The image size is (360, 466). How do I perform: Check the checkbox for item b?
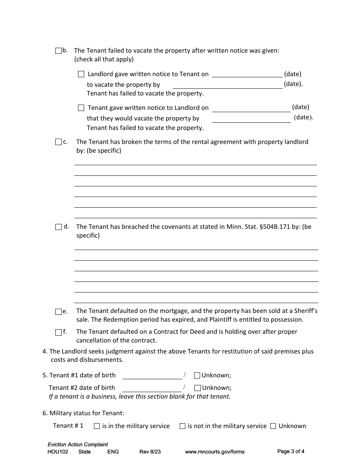(x=58, y=51)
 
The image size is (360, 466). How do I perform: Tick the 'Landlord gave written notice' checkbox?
(x=81, y=74)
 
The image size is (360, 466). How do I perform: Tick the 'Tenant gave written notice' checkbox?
(x=81, y=108)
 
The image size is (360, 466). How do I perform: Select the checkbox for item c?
(x=58, y=142)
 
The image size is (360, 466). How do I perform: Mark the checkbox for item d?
(x=58, y=227)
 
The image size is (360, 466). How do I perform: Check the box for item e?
(x=58, y=312)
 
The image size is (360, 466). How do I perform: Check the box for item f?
(x=58, y=332)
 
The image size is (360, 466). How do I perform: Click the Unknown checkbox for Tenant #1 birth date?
(x=197, y=375)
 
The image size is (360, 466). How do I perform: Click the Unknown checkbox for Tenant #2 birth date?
(x=197, y=388)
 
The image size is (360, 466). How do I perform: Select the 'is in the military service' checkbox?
(x=97, y=426)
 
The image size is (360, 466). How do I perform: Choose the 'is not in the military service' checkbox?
(x=182, y=426)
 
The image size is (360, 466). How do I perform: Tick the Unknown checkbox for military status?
(x=273, y=426)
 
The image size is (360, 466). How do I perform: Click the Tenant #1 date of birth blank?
(x=152, y=375)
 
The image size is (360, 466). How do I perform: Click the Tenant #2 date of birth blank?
(x=152, y=388)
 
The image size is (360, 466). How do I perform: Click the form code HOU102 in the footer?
(x=58, y=452)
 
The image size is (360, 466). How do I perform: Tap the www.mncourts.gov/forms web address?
(x=214, y=452)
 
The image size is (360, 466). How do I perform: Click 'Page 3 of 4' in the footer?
(x=291, y=451)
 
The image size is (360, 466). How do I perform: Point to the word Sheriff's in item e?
(x=306, y=311)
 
